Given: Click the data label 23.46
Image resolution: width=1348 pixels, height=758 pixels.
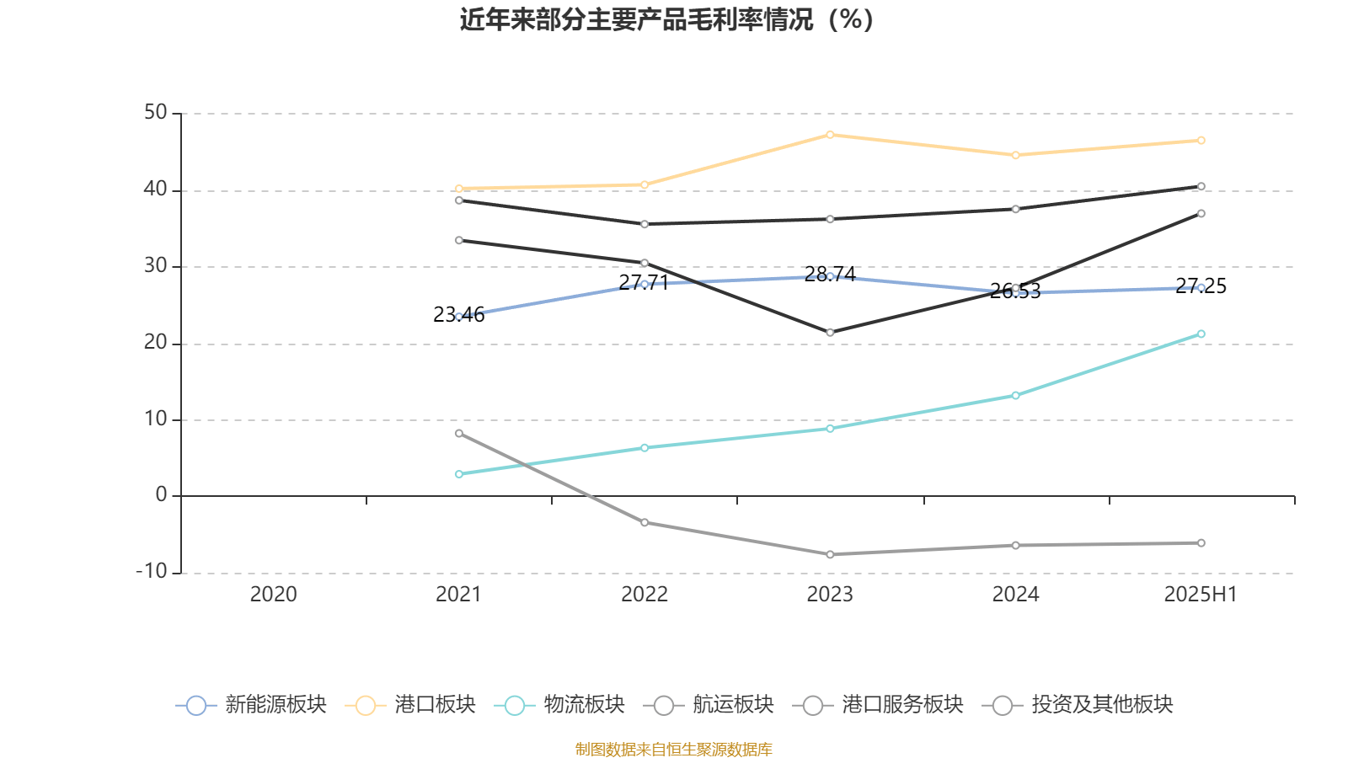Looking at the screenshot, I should pos(458,315).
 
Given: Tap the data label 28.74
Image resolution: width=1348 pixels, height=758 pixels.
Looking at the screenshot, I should pos(830,275).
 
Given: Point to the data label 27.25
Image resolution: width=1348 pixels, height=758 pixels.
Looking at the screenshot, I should pos(1201,286).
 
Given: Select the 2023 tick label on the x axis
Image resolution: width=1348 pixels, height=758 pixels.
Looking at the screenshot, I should pos(830,595).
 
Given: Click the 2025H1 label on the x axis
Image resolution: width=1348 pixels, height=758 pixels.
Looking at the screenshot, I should pos(1200,595).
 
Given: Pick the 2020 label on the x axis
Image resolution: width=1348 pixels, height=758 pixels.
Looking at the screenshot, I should pos(273,595).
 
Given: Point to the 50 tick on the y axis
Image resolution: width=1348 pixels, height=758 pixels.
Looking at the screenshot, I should pos(155,113).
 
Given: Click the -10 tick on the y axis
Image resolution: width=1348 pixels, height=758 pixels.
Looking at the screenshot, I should pos(152,571).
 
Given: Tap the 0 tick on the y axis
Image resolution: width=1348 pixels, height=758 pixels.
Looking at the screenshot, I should pos(161,495).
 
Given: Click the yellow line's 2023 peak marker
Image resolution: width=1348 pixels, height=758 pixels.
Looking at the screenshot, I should pos(830,135).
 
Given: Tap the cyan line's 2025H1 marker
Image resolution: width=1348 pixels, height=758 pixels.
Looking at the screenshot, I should pos(1201,334).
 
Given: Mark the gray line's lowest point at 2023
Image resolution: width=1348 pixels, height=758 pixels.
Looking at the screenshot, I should pos(830,554).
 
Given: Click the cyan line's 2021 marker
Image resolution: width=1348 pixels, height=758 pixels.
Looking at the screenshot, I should pos(459,474).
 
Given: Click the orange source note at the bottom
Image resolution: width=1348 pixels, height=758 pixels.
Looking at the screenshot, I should pos(673,749).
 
